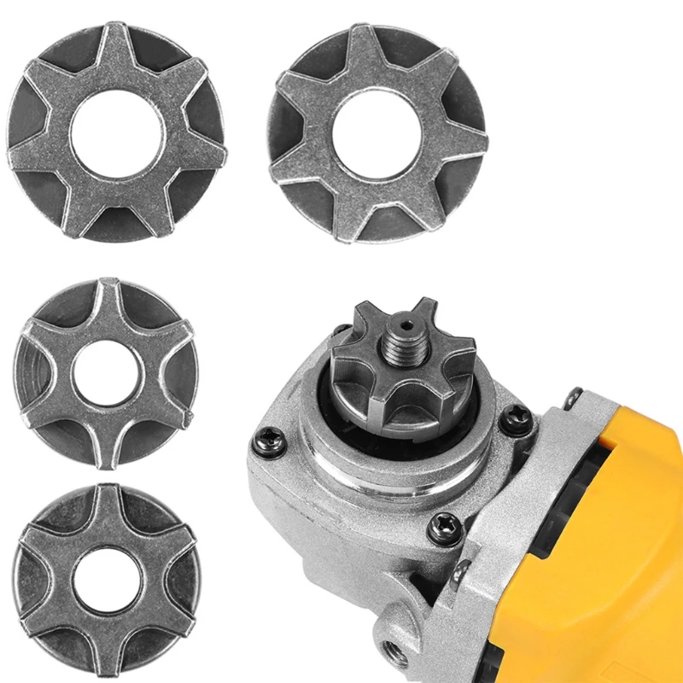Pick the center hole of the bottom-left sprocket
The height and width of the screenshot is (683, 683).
(106, 581)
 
